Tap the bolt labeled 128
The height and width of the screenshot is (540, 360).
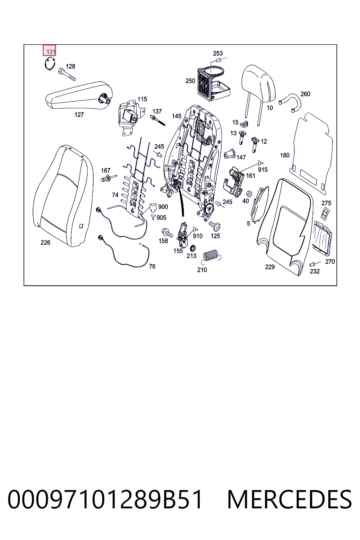click(67, 75)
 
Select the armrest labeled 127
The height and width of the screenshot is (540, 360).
click(79, 95)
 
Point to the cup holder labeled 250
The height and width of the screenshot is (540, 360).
click(214, 83)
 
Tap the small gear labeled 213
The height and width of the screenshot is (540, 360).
click(192, 248)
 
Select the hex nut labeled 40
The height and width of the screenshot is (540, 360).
click(249, 194)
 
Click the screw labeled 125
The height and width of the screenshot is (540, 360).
click(214, 226)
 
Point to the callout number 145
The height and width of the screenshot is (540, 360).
click(176, 116)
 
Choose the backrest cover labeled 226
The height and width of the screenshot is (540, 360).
click(63, 196)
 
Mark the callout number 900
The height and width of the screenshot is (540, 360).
click(163, 207)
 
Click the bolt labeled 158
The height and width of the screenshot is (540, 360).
click(167, 232)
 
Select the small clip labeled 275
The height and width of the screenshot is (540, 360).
click(326, 214)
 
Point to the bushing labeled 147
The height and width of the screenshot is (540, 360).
click(230, 153)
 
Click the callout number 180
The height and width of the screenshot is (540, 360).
click(284, 155)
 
